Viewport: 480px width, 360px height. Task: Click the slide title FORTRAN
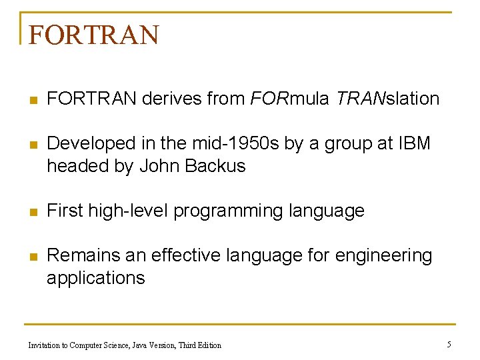[94, 35]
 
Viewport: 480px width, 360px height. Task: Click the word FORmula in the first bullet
[289, 99]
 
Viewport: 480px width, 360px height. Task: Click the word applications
[95, 278]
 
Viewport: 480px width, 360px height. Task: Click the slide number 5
[449, 344]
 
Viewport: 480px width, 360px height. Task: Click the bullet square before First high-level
[32, 212]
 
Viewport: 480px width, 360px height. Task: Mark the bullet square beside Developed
[32, 144]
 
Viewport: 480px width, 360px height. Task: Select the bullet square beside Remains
[32, 256]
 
